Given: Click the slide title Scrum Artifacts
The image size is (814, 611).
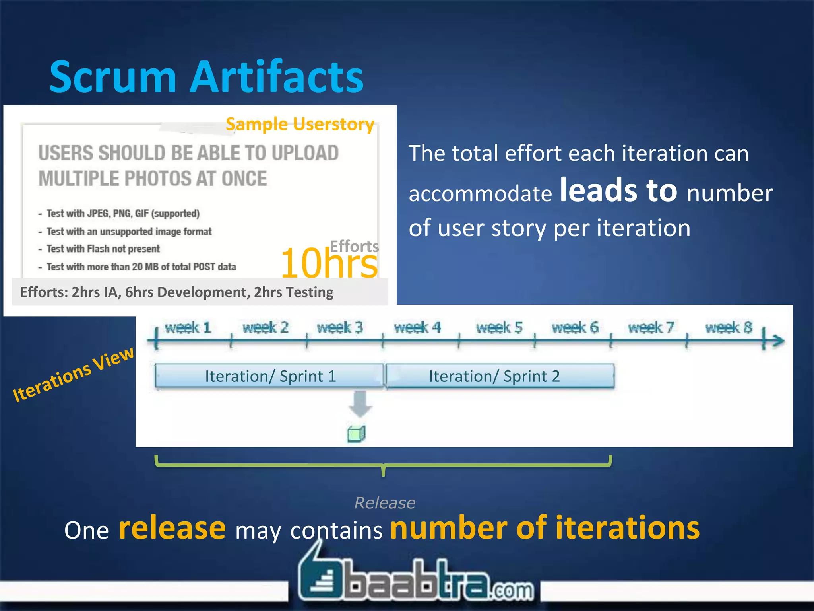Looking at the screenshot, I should click(206, 77).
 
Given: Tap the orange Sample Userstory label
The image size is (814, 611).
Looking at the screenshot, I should click(300, 125).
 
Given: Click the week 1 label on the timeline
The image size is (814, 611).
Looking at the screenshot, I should click(188, 328).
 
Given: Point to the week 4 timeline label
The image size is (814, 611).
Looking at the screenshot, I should click(417, 328).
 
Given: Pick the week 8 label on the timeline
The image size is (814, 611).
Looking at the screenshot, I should click(729, 328).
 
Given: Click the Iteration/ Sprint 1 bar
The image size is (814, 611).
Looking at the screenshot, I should click(270, 376).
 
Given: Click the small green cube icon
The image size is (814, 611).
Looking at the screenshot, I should click(357, 434).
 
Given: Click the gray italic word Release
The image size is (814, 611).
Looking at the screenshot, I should click(385, 503).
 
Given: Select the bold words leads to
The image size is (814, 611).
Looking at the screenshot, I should click(618, 191).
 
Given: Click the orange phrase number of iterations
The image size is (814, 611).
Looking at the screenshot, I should click(545, 528).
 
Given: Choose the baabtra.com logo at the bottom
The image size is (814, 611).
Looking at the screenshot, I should click(415, 579).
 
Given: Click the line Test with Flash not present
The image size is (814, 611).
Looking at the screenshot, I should click(103, 249).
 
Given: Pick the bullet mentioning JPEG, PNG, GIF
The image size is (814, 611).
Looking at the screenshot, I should click(123, 214).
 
